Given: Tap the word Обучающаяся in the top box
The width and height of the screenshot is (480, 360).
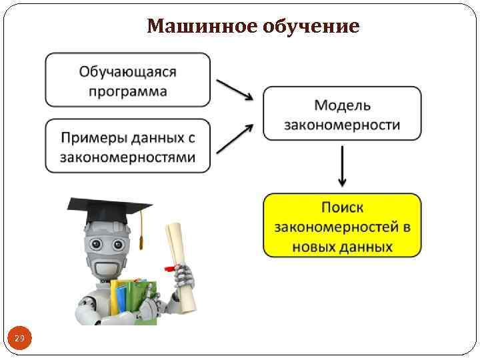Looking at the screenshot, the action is [x=127, y=71].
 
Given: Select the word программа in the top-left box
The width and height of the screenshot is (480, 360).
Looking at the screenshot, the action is [x=127, y=91].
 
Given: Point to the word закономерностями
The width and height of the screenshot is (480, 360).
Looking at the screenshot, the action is [x=127, y=158].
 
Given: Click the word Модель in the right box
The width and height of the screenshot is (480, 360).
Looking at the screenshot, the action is [x=342, y=105].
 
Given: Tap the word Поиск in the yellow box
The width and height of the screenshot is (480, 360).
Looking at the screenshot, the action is [x=342, y=207].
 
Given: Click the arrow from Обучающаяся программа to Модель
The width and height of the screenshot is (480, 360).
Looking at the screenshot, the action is [x=235, y=89].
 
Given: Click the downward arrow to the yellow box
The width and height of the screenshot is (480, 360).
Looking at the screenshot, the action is [x=342, y=166].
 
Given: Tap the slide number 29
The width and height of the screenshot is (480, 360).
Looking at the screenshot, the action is [x=19, y=339].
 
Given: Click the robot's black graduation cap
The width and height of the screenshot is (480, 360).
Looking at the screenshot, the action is [x=110, y=213].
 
